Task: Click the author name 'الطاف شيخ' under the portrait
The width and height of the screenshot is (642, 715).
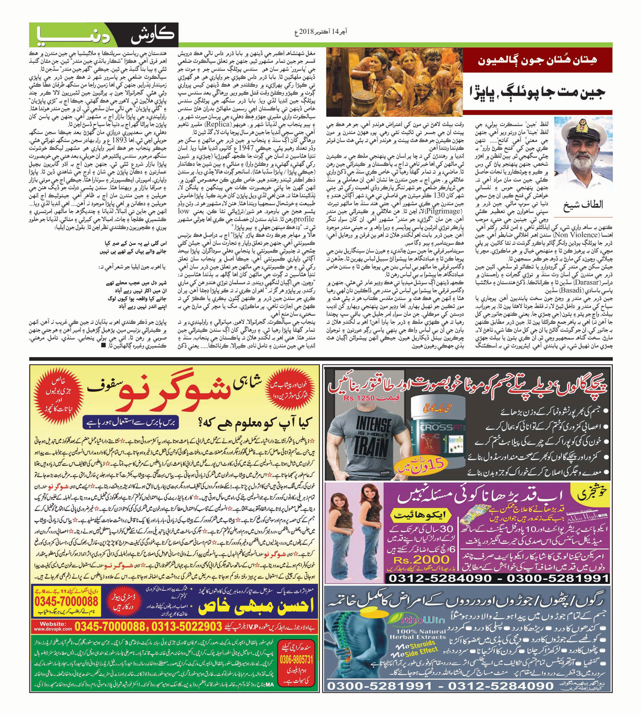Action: (583, 205)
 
